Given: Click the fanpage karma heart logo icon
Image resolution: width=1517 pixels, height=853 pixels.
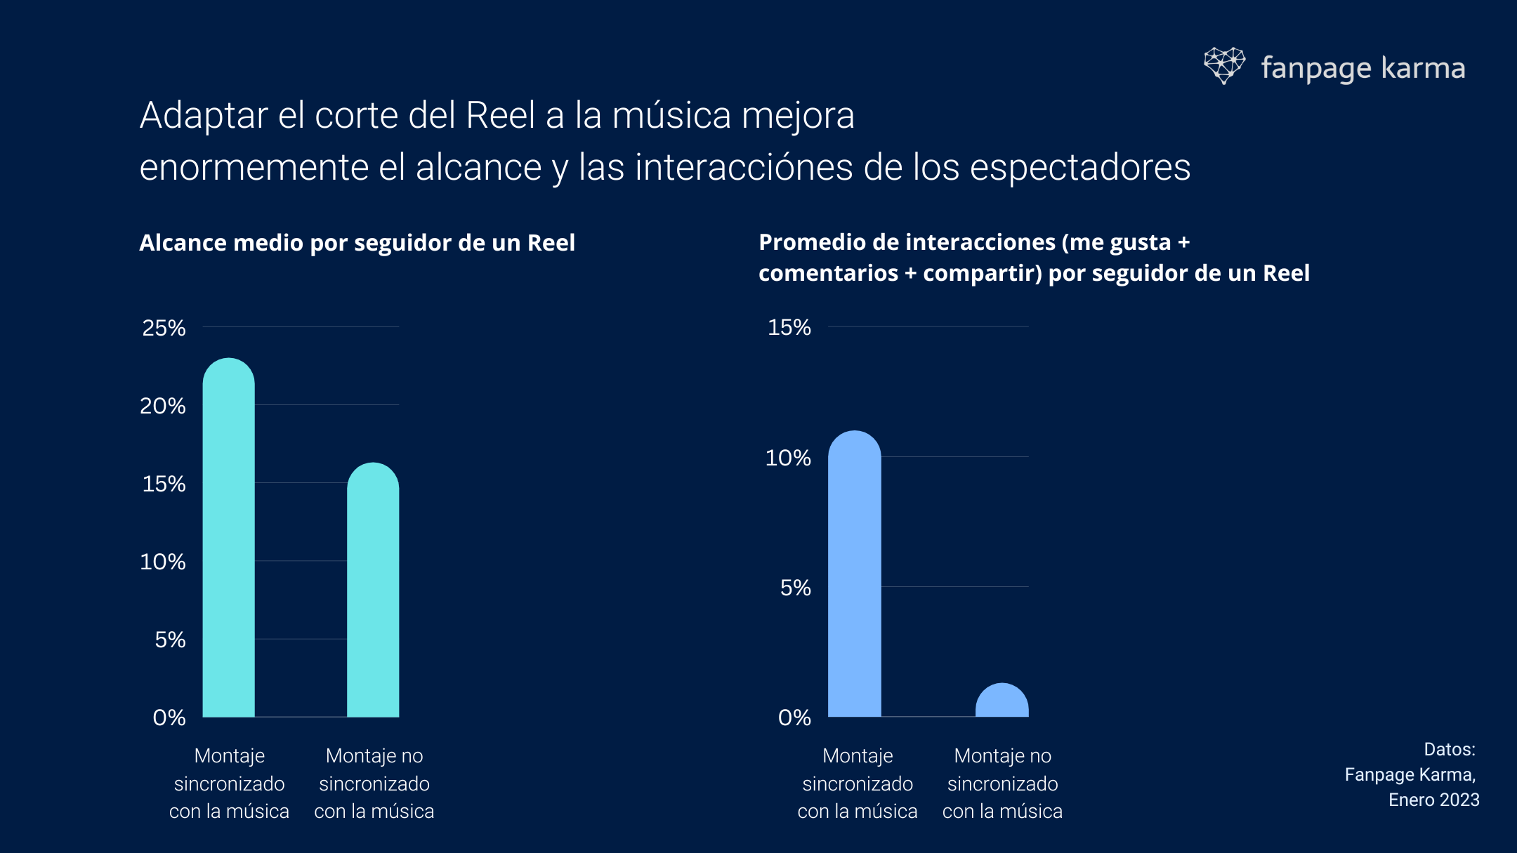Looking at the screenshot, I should pos(1224,65).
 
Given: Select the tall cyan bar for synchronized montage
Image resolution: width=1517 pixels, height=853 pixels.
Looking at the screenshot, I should pos(229,541).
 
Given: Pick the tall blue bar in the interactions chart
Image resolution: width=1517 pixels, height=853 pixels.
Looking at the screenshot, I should pos(854,576).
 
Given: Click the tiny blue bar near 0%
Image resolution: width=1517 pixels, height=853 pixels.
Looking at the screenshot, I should pos(1002,702).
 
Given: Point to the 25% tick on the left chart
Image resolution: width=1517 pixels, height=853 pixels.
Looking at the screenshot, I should pos(164,328).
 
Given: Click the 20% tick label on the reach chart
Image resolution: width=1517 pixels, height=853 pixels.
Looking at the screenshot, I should pos(162,406).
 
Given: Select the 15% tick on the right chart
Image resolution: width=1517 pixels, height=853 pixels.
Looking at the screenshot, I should pos(789,327).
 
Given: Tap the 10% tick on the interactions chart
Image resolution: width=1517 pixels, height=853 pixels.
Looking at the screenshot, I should pos(787,458).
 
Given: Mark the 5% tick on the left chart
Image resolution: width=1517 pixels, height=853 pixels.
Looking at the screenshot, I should pos(170,640).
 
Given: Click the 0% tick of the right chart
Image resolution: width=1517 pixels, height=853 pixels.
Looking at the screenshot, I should pos(794,718).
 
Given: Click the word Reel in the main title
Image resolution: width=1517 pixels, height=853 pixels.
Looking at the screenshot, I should pos(500,115).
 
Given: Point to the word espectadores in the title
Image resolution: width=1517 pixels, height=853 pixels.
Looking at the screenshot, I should pos(1079,168).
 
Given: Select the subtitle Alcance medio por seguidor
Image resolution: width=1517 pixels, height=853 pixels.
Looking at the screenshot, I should pos(357,243).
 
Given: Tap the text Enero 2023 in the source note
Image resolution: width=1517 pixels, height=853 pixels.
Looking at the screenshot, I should pos(1433,800).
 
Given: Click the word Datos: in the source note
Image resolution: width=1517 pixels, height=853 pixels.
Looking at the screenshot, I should pos(1449,750).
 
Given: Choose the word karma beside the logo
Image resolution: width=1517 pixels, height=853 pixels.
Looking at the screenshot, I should pos(1423,69).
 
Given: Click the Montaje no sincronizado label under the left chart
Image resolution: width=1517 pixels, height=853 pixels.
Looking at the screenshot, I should pos(374,783).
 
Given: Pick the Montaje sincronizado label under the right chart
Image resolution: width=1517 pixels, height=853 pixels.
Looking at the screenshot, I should pos(858,783).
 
